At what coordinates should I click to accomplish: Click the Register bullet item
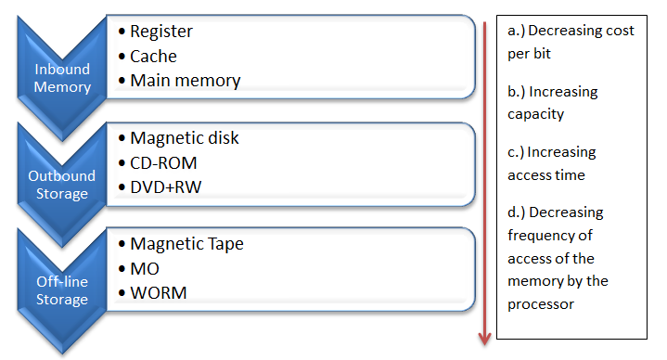coord(160,32)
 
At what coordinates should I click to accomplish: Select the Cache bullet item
coord(153,56)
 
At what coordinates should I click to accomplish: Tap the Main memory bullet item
coord(185,81)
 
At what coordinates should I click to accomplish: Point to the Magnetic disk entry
coord(184,138)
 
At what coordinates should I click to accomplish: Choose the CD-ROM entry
coord(163,162)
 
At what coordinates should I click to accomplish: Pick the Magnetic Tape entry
coord(186,244)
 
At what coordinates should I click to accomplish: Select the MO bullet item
coord(145,268)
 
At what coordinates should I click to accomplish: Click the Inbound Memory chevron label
coord(63,78)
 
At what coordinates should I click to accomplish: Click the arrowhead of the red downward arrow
coord(484,339)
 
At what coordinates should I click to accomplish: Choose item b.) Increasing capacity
coord(553,103)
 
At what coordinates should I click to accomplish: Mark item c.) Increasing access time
coord(552,163)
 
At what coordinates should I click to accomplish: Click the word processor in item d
coord(540,302)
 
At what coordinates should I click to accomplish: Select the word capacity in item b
coord(535,115)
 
